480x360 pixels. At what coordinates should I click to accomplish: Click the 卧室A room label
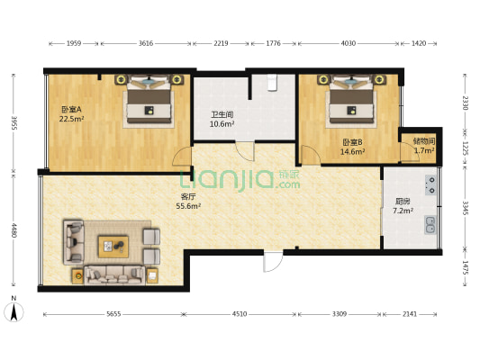71,109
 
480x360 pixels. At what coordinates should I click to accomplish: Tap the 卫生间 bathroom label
222,114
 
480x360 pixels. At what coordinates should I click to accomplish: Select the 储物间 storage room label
424,141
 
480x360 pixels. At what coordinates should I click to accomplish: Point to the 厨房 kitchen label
403,202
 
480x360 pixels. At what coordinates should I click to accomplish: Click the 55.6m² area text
188,206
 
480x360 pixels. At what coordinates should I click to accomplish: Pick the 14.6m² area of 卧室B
352,151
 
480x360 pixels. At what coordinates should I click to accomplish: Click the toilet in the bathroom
272,82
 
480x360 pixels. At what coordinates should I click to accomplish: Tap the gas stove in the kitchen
430,185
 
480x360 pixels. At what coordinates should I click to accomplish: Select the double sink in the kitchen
430,225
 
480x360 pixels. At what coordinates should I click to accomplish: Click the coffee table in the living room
113,247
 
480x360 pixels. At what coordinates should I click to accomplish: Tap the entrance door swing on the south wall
273,262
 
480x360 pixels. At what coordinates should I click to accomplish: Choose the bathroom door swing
245,151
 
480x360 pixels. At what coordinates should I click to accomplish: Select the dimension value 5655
113,314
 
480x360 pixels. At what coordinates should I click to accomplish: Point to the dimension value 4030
349,43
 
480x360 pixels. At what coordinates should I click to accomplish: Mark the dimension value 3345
465,208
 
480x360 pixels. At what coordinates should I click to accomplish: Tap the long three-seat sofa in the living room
114,275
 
